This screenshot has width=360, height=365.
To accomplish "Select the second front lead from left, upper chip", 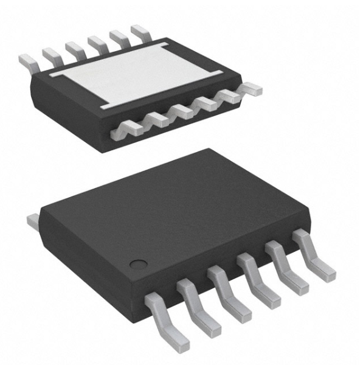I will (x=156, y=119).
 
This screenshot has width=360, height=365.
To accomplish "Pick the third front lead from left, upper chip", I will (x=181, y=111).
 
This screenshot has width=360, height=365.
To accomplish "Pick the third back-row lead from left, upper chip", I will (x=74, y=47).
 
